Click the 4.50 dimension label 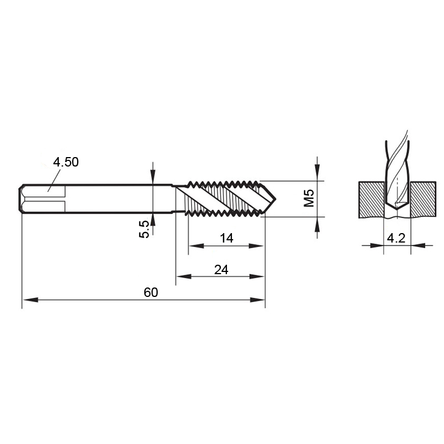(65, 162)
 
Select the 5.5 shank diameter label (144, 229)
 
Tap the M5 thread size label (309, 198)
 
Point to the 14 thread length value (226, 238)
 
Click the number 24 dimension (221, 270)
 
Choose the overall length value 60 (150, 292)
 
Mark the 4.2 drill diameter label (396, 238)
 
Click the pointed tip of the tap (275, 199)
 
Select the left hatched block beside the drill (372, 199)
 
